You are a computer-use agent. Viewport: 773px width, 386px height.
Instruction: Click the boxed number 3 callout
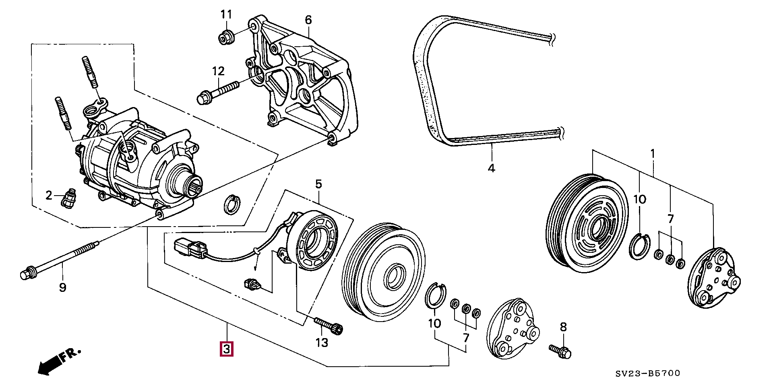(x=226, y=349)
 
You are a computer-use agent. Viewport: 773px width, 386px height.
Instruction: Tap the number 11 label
(x=226, y=15)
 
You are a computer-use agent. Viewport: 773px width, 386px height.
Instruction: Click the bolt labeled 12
(x=217, y=92)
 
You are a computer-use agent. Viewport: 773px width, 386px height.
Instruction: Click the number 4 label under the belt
(x=491, y=168)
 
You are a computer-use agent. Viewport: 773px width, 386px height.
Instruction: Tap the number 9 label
(x=62, y=288)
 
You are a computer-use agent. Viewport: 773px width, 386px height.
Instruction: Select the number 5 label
(x=318, y=185)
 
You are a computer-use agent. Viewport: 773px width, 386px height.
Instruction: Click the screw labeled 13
(x=329, y=325)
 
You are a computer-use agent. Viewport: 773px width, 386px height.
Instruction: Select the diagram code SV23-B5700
(x=647, y=374)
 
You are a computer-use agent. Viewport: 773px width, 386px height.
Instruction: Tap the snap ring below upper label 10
(x=639, y=246)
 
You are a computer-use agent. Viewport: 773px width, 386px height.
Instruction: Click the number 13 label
(x=322, y=343)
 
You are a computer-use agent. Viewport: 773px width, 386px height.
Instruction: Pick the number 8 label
(x=563, y=327)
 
